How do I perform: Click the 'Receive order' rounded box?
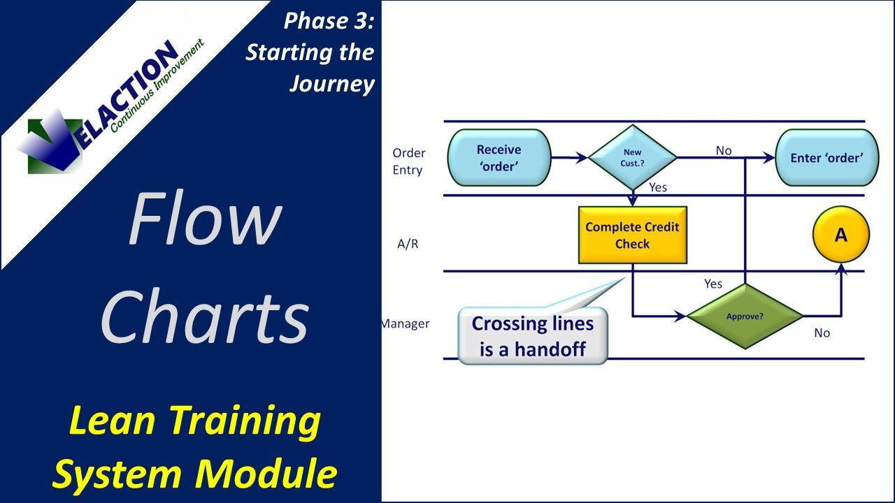[x=499, y=158]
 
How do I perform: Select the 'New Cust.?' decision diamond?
[x=632, y=158]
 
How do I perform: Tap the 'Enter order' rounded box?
[x=825, y=158]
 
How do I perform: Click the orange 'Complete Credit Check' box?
[x=632, y=235]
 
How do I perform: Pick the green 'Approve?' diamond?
[x=745, y=316]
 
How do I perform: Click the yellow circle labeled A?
[x=840, y=235]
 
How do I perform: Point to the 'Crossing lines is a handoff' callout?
[x=532, y=336]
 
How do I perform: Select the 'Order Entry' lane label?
[x=408, y=161]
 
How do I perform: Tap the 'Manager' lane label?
[x=406, y=324]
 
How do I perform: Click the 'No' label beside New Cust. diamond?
[x=723, y=150]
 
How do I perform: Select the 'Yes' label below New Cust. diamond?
[x=658, y=187]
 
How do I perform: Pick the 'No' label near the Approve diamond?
[x=822, y=333]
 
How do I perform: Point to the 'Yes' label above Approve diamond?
[x=713, y=284]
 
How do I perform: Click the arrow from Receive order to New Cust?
[x=569, y=159]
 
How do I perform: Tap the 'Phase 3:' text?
[x=329, y=22]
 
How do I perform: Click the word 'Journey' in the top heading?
[x=332, y=84]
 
